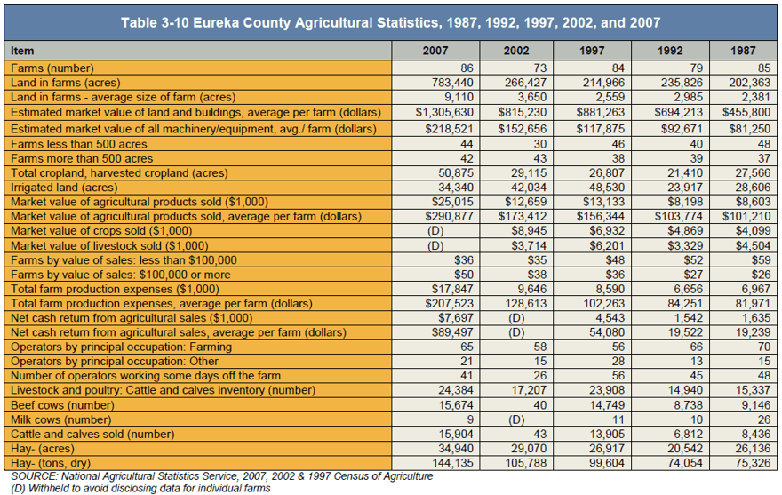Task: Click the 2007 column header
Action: coord(435,51)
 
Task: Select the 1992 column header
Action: coord(670,51)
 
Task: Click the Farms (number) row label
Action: coord(52,68)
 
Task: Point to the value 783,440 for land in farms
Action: coord(452,83)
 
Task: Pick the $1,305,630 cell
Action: coord(444,112)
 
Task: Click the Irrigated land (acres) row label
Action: coord(64,188)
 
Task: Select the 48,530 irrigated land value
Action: coord(604,188)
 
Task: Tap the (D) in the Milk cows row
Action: coord(516,419)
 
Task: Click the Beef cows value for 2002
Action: coord(539,405)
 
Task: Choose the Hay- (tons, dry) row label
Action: coord(51,463)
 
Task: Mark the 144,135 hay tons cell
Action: coord(452,463)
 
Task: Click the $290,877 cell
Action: coord(449,216)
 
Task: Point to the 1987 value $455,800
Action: coord(746,112)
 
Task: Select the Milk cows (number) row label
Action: coord(60,419)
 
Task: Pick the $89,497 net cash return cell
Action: coord(453,332)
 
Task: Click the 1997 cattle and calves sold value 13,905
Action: coord(607,434)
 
